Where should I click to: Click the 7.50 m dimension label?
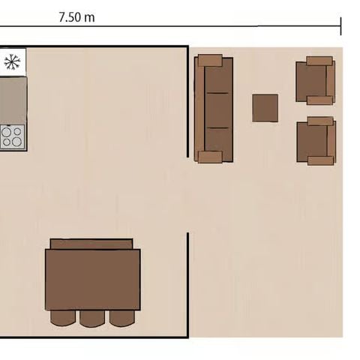76,17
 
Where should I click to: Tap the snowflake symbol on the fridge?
12,62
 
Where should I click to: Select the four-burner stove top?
13,136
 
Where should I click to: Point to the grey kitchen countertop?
13,99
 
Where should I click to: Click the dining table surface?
92,279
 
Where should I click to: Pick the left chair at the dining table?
63,318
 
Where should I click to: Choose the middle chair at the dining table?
92,318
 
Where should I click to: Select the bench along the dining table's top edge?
91,244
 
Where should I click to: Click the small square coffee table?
265,108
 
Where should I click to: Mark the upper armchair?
315,80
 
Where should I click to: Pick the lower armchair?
316,141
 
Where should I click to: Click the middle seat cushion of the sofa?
217,109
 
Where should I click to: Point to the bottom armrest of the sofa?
211,157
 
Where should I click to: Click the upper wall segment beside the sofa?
187,101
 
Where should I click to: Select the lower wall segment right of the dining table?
187,285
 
